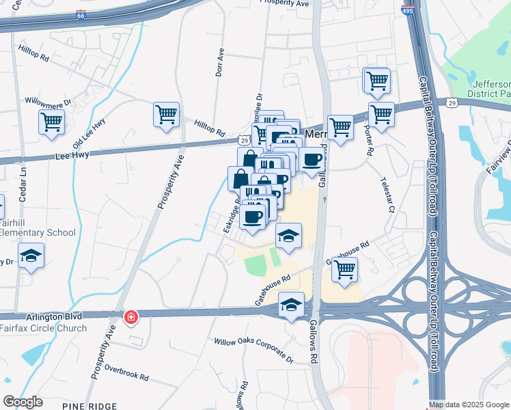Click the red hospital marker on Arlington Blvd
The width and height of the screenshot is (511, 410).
tap(130, 318)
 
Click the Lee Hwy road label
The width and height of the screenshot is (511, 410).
tap(71, 156)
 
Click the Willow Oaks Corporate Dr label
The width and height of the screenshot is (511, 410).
tap(253, 351)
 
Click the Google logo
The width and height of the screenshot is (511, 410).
tap(23, 402)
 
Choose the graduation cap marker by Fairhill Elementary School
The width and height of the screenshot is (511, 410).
tap(31, 257)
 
